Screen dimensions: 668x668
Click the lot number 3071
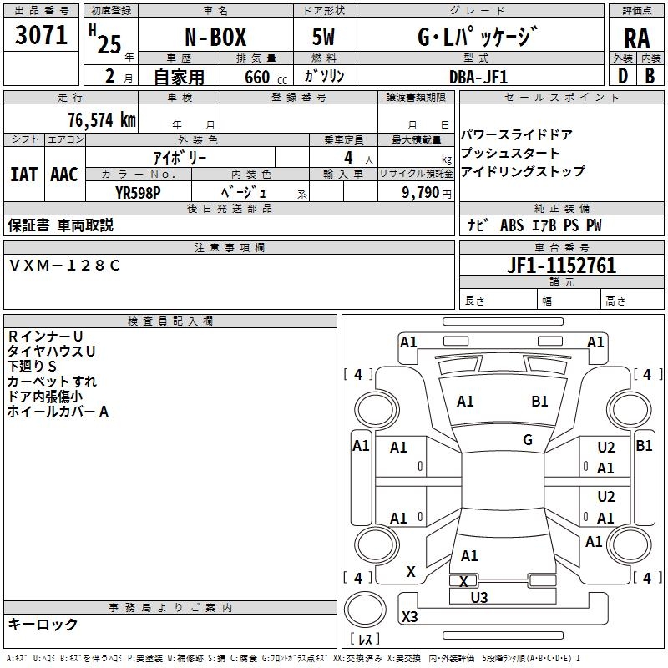click(x=41, y=35)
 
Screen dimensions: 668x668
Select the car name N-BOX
click(x=215, y=37)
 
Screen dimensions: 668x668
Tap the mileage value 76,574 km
click(x=102, y=119)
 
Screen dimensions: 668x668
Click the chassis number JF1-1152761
click(x=561, y=266)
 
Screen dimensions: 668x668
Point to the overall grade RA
click(x=637, y=38)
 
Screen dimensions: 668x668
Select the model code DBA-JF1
click(x=478, y=77)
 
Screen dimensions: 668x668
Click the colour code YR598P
click(x=138, y=193)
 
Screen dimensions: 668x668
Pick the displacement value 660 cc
click(x=266, y=78)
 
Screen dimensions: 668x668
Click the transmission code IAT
click(x=23, y=175)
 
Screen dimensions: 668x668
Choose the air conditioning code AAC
click(x=64, y=175)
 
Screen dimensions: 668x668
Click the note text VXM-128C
click(x=64, y=266)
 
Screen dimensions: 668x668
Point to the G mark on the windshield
click(x=528, y=440)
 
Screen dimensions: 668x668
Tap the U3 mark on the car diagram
click(x=479, y=597)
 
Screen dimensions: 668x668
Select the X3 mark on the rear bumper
click(x=409, y=616)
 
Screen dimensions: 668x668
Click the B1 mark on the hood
click(x=539, y=402)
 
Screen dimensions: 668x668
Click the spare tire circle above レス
click(x=365, y=610)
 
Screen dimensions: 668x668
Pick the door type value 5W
click(x=323, y=37)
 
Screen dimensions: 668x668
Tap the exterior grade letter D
click(x=623, y=76)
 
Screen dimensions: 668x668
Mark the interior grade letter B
click(x=650, y=76)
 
